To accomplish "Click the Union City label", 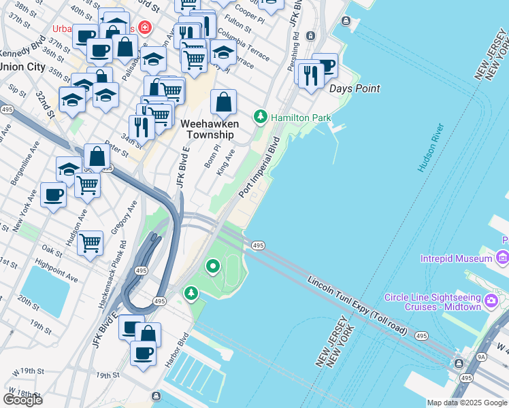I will coord(21,67).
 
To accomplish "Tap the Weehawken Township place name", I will coord(210,129).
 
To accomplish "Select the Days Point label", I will coord(355,88).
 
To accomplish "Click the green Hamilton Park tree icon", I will coord(260,117).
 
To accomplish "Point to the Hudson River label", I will coord(431,148).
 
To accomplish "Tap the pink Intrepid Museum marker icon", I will coord(502,258).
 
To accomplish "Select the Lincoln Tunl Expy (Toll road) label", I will coord(357,305).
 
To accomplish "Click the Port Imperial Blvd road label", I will coord(259,167).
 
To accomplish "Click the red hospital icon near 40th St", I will coord(144,28).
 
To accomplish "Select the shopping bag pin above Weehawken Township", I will coord(223,103).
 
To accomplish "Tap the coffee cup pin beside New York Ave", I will coord(53,195).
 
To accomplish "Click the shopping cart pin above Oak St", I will coord(90,242).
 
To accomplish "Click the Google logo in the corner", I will coord(23,400).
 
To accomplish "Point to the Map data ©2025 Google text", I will coord(467,403).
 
